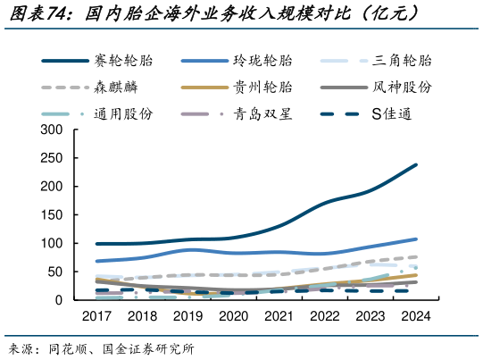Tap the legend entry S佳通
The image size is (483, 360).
tap(397, 114)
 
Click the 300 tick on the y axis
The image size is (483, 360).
tap(52, 130)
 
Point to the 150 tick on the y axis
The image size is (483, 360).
tap(52, 215)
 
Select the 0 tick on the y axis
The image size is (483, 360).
tap(59, 300)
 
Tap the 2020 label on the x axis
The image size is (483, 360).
tap(234, 316)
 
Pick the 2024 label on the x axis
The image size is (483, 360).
tap(417, 316)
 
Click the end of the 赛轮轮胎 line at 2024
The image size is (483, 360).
tap(417, 165)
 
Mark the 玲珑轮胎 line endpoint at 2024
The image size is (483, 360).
tap(417, 239)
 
